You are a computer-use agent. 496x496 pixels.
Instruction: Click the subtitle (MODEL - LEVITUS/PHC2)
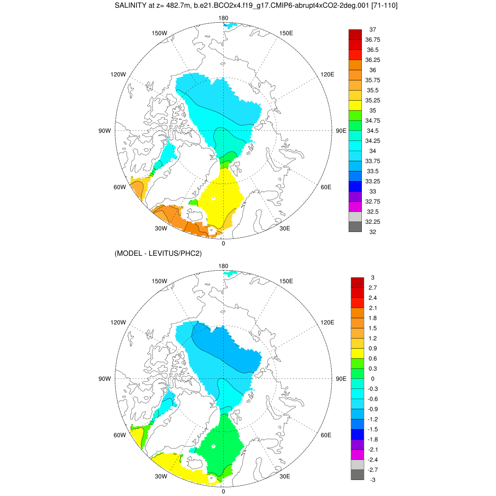tap(158, 253)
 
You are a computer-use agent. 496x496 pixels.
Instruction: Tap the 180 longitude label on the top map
tap(223, 18)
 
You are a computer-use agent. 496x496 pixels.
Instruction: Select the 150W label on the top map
tap(159, 33)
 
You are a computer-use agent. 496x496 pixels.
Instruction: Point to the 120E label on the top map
tap(327, 75)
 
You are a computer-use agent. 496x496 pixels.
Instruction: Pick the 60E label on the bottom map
tap(326, 435)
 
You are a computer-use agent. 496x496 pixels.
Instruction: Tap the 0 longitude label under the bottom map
tap(223, 491)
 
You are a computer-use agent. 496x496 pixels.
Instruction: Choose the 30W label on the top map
tap(161, 229)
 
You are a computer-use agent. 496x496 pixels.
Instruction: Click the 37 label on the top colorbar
tap(372, 30)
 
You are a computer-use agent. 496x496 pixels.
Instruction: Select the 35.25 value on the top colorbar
tap(372, 100)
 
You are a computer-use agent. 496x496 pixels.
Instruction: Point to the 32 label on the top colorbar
tap(372, 232)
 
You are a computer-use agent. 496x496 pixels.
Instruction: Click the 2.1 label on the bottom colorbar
tap(372, 308)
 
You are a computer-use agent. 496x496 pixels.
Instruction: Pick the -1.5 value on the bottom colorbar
tap(372, 429)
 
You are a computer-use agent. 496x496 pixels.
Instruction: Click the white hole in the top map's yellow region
tap(213, 198)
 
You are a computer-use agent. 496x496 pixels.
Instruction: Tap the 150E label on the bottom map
tap(286, 281)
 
